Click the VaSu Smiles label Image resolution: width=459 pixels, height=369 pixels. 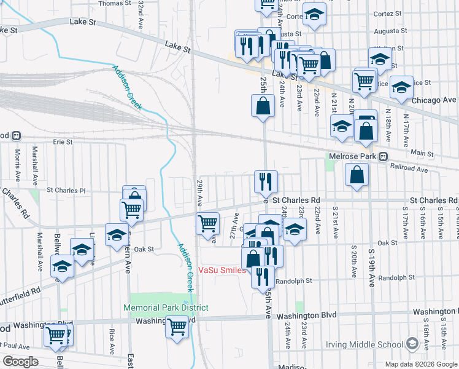[x=221, y=270]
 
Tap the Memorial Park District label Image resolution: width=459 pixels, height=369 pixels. [x=166, y=307]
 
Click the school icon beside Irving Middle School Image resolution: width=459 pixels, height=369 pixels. [x=413, y=343]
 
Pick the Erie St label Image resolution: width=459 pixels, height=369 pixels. [x=63, y=141]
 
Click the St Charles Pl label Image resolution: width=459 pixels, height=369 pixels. [x=66, y=191]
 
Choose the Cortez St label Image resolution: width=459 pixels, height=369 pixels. [x=387, y=13]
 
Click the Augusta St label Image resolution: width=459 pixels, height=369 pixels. [x=290, y=34]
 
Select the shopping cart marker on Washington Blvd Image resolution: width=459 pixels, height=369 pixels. [x=177, y=326]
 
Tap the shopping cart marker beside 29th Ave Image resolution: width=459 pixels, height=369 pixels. [x=208, y=223]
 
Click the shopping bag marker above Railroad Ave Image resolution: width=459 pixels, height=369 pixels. [x=357, y=175]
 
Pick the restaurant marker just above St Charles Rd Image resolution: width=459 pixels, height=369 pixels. [x=266, y=181]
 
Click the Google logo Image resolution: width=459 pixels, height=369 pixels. [x=20, y=362]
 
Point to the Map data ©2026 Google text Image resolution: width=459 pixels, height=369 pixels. [x=420, y=364]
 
